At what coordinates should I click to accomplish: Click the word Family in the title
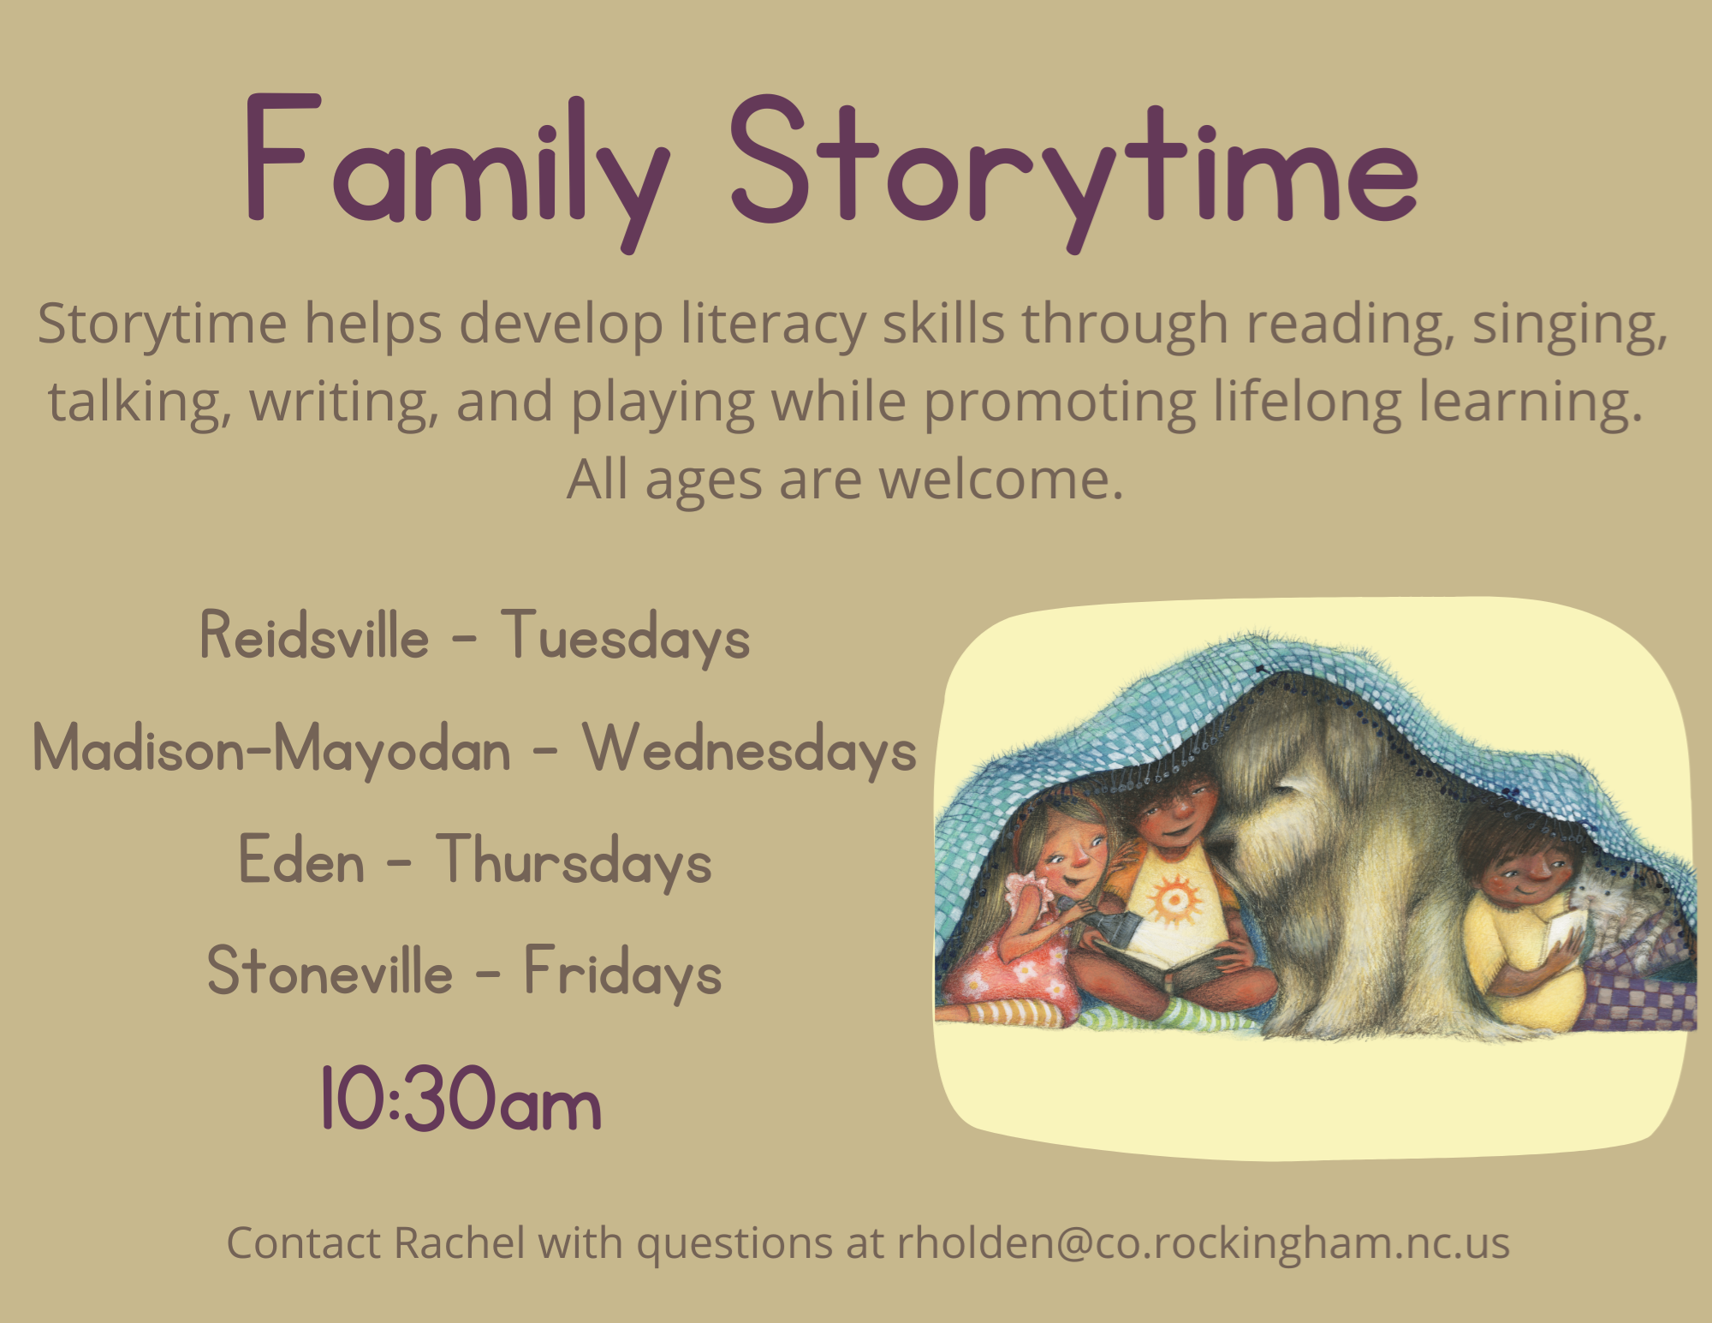pyautogui.click(x=457, y=171)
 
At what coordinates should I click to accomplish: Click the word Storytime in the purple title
pyautogui.click(x=1075, y=171)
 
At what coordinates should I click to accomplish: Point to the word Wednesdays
pyautogui.click(x=750, y=749)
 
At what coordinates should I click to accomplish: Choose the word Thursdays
pyautogui.click(x=574, y=861)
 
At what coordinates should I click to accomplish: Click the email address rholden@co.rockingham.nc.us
pyautogui.click(x=1204, y=1243)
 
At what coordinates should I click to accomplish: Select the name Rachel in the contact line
pyautogui.click(x=460, y=1243)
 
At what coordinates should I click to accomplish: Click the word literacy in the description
pyautogui.click(x=773, y=325)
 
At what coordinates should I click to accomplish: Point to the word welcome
pyautogui.click(x=1002, y=480)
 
